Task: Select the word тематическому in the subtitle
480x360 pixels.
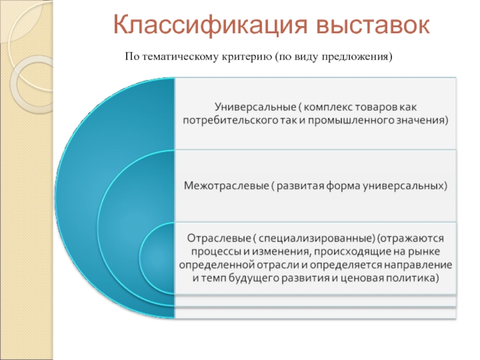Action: point(184,57)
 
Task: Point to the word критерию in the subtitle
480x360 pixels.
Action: point(248,57)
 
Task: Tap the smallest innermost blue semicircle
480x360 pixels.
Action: point(157,259)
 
